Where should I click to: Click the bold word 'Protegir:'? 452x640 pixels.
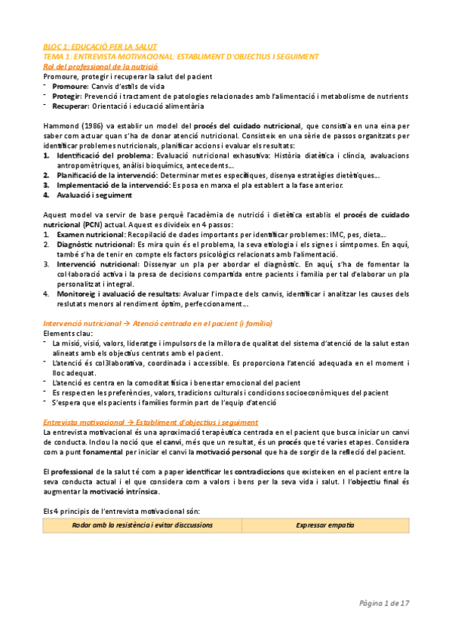68,97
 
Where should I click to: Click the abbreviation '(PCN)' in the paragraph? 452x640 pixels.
94,224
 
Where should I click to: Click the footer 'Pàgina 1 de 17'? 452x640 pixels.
384,603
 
